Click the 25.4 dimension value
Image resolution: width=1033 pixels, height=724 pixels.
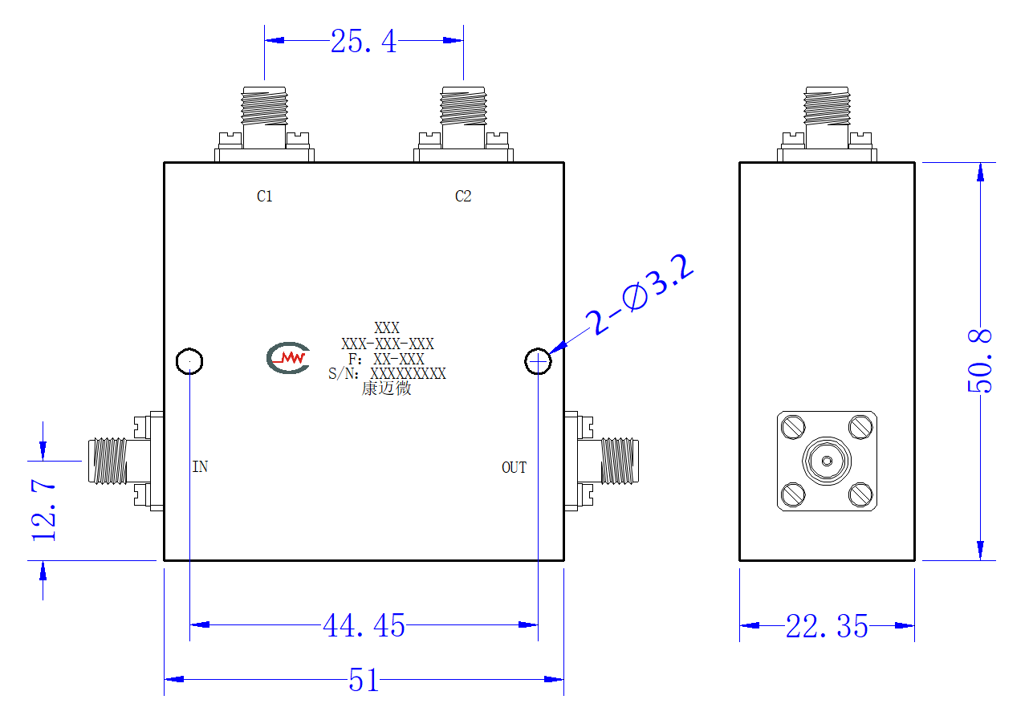[x=364, y=41]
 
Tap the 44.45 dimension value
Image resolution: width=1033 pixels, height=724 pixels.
[x=364, y=626]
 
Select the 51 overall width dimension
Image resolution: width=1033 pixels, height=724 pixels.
[x=364, y=680]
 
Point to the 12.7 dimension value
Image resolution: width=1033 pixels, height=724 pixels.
[x=43, y=510]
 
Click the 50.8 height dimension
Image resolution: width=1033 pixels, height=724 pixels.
[x=979, y=361]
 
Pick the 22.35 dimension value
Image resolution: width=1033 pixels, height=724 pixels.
[x=827, y=626]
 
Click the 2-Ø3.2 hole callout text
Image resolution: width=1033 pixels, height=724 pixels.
[x=639, y=295]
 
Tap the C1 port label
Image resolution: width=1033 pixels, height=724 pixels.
[x=265, y=196]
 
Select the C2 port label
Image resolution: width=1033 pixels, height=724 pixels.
[x=463, y=196]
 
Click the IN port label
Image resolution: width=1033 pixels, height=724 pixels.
[x=200, y=466]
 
